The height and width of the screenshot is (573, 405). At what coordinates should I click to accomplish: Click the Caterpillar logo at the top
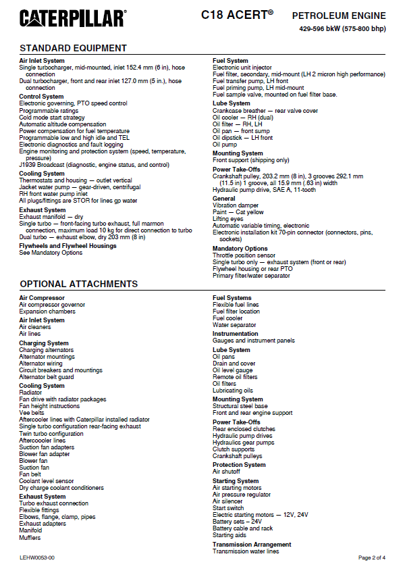(x=72, y=18)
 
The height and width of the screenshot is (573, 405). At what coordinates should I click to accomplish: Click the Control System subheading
(x=42, y=97)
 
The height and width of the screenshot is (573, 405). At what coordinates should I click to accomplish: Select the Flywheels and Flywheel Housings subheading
(x=67, y=246)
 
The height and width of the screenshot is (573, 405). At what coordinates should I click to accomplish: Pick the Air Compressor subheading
(x=42, y=298)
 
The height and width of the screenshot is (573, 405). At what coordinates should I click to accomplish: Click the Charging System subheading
(x=43, y=343)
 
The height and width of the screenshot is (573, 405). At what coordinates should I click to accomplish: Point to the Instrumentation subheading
(x=236, y=334)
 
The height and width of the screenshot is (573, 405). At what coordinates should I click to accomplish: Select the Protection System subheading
(x=239, y=465)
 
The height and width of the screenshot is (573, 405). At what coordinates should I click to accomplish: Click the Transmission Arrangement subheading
(x=252, y=545)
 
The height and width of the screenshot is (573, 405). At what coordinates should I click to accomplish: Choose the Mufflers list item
(x=30, y=538)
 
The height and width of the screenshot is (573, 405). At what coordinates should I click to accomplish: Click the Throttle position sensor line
(x=244, y=256)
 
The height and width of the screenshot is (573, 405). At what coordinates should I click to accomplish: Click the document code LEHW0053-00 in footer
(x=37, y=558)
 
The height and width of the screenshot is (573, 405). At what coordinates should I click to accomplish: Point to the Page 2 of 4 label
(x=372, y=558)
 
